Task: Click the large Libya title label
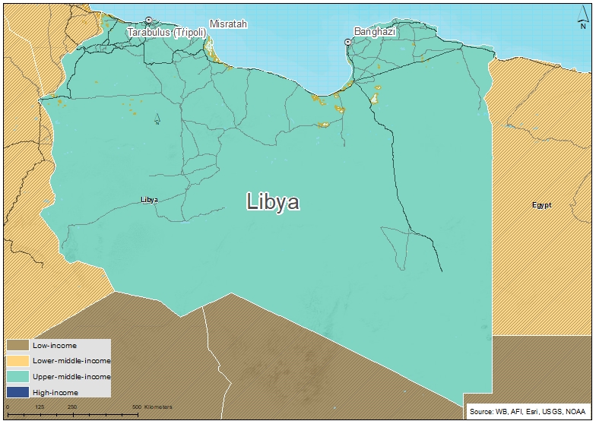pos(273,202)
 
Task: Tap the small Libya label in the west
pos(149,200)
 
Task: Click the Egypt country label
pos(541,205)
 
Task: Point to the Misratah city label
pos(229,24)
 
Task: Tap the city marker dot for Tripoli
pos(150,21)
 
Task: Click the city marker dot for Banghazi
pos(349,43)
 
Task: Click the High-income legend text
pos(56,392)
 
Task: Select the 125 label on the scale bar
pos(39,407)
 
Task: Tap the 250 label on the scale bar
pos(71,407)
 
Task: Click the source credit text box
pos(527,410)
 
